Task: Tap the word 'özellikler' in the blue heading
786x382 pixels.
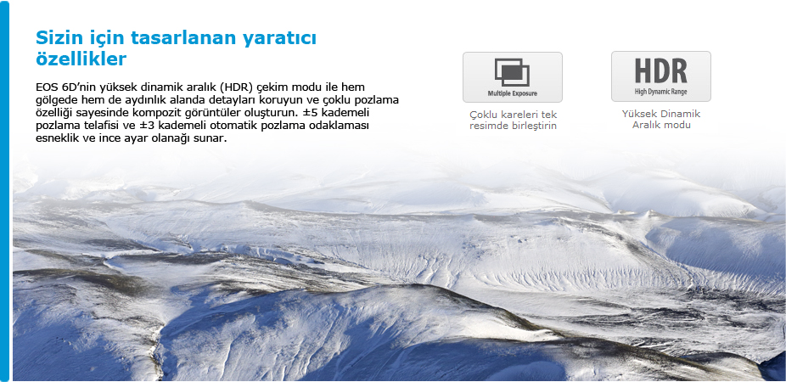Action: tap(81, 59)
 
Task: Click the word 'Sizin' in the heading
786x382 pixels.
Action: tap(59, 38)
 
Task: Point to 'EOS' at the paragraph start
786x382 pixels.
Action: tap(46, 87)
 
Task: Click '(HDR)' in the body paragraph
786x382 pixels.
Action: tap(237, 87)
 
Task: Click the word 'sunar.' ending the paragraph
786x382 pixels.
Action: tap(212, 138)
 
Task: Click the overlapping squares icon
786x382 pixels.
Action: tap(512, 72)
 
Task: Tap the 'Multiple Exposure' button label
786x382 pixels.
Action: tap(513, 93)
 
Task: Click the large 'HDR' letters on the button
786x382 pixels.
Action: tap(660, 70)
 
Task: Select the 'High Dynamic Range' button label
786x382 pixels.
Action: tap(660, 93)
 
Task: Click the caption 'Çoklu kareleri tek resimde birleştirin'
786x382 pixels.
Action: tap(513, 121)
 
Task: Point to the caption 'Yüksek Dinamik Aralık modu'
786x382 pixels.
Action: tap(661, 120)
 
